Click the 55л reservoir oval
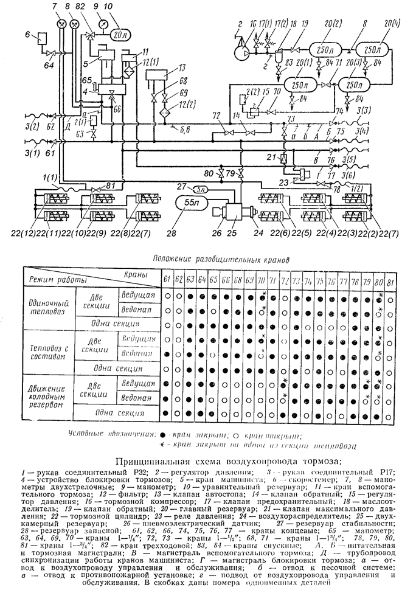click(190, 203)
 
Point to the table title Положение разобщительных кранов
click(220, 258)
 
